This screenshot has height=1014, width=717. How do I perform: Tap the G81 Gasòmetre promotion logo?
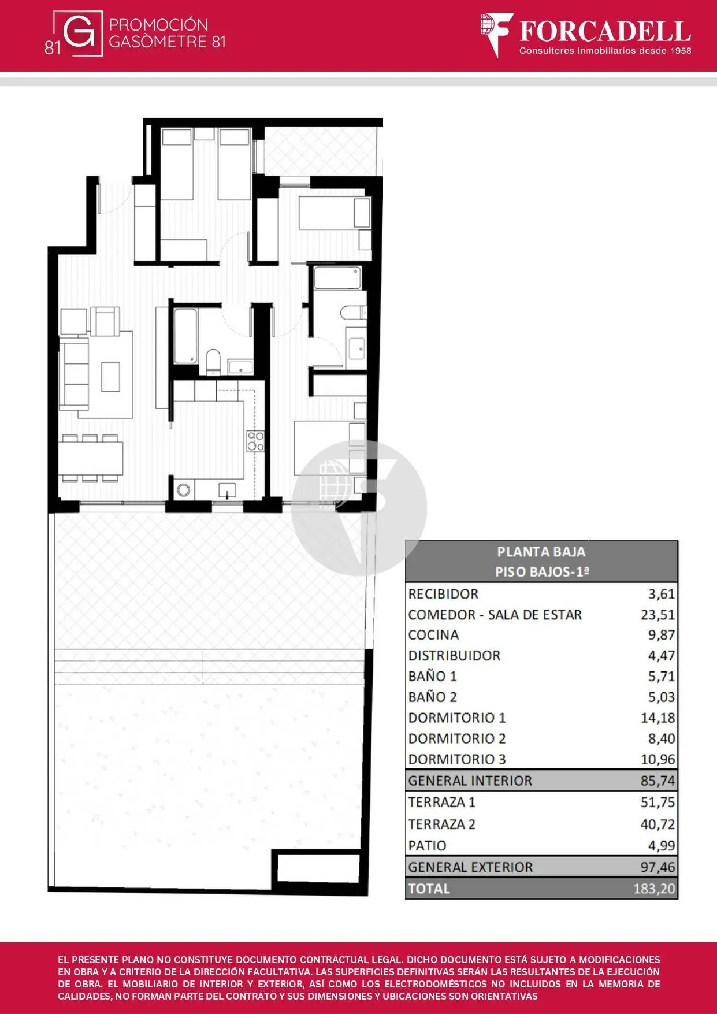click(x=77, y=34)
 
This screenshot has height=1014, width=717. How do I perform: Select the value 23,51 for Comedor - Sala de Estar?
click(x=657, y=615)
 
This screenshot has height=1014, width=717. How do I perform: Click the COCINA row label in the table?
click(x=433, y=635)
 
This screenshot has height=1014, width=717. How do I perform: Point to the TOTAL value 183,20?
click(x=654, y=889)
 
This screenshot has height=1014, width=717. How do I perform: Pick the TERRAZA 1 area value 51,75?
click(x=657, y=802)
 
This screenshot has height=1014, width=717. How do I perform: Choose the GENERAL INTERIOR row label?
click(x=470, y=781)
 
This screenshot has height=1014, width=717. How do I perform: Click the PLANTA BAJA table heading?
click(x=541, y=552)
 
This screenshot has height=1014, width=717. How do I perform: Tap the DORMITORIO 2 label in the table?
click(x=457, y=738)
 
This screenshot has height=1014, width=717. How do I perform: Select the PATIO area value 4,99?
click(x=662, y=846)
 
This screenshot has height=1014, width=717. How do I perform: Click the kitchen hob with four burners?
click(x=255, y=441)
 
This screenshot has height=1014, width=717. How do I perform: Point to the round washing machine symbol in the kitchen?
click(x=184, y=491)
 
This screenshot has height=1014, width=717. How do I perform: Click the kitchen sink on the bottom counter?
click(x=228, y=491)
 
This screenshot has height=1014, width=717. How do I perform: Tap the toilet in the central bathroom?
click(x=213, y=361)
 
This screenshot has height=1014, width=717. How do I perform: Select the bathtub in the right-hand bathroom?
click(x=337, y=278)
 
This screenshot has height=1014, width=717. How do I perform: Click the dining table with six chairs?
click(x=91, y=458)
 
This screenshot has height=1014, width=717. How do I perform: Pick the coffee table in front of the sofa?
click(x=111, y=377)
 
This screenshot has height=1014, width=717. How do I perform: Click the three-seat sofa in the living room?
click(x=74, y=373)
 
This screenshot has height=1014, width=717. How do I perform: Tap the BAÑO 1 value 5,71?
click(x=662, y=676)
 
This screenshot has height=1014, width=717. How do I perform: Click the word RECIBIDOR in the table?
click(x=443, y=594)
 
